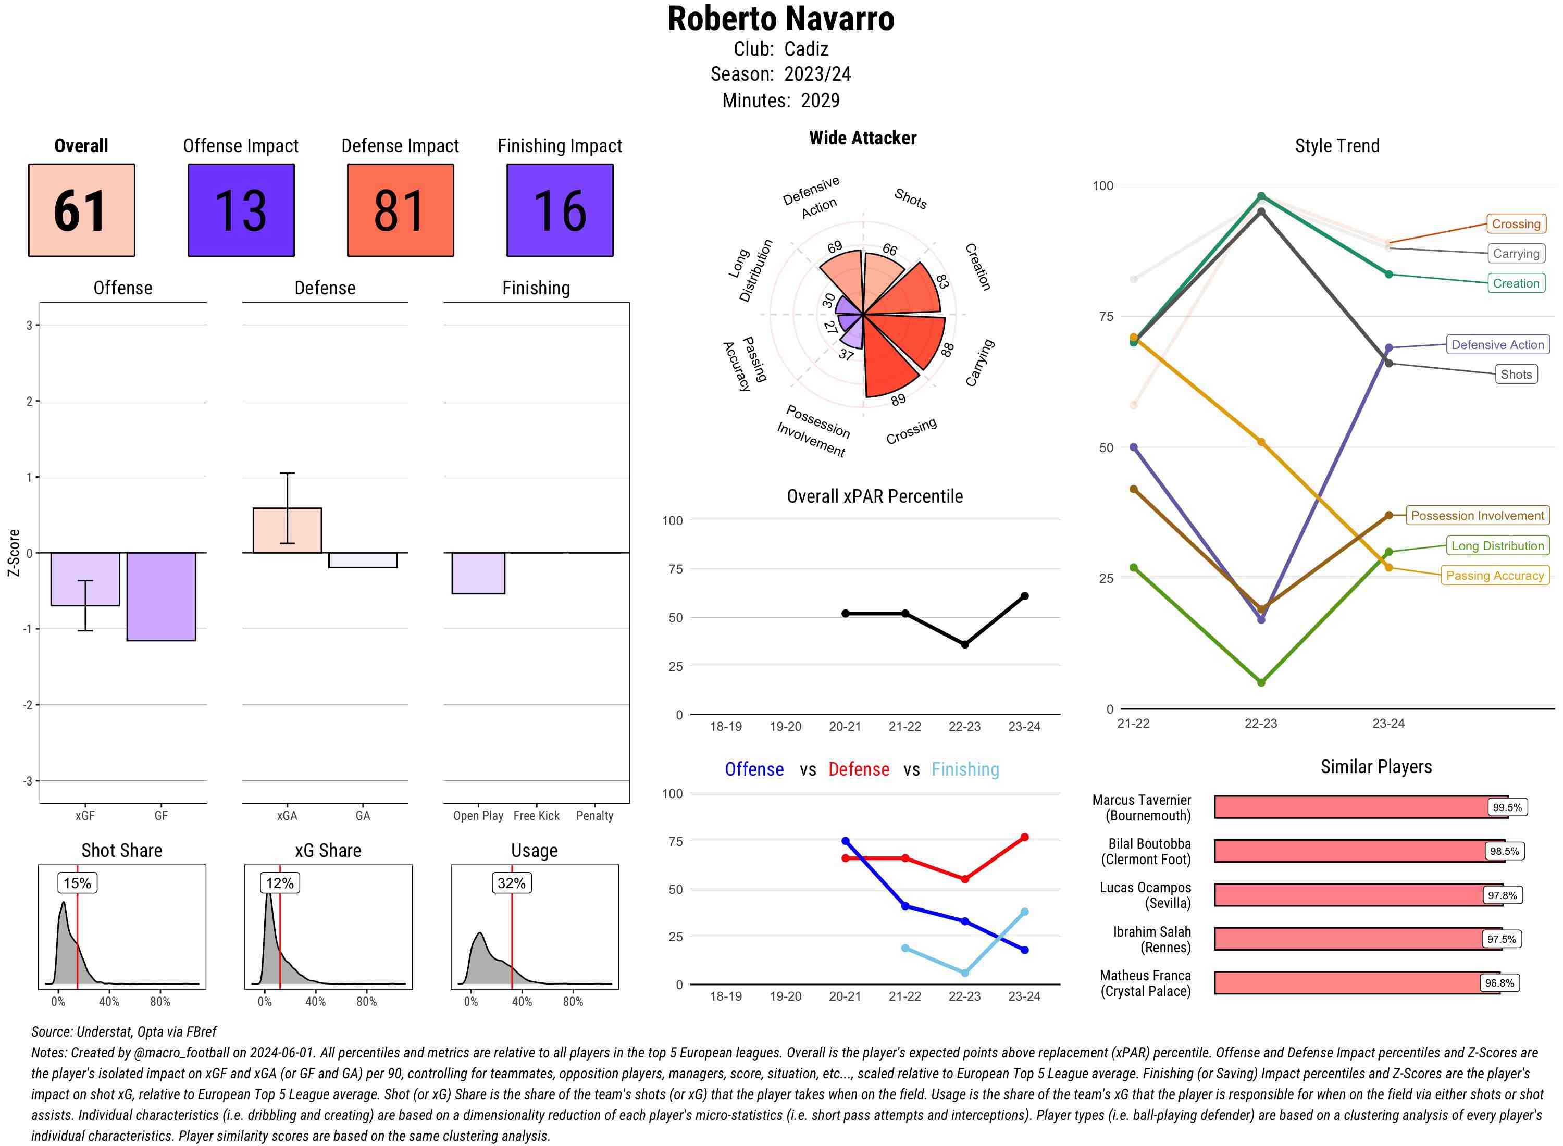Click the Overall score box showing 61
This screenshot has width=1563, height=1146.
click(x=81, y=210)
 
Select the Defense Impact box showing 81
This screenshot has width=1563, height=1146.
click(x=400, y=210)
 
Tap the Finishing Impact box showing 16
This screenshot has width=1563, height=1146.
click(x=560, y=210)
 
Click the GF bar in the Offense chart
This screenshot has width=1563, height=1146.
click(x=161, y=596)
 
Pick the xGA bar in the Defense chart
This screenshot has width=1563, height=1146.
click(x=287, y=531)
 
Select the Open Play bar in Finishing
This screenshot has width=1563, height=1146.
click(x=478, y=573)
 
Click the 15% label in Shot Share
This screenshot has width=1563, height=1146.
click(x=77, y=883)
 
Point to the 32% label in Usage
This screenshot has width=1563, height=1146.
click(x=511, y=883)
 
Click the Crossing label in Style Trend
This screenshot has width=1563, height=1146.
click(x=1516, y=224)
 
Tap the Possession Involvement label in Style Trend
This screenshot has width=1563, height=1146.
click(x=1477, y=515)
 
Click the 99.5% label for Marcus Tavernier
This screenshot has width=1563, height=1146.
click(x=1507, y=807)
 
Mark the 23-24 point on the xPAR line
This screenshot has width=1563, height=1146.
click(x=1024, y=596)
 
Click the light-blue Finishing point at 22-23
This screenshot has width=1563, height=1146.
click(x=964, y=973)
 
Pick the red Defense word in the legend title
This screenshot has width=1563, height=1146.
click(x=858, y=769)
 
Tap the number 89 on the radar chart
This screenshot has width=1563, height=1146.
click(x=898, y=400)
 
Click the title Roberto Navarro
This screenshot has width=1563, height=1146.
click(x=780, y=19)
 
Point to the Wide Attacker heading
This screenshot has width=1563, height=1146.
click(x=862, y=138)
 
